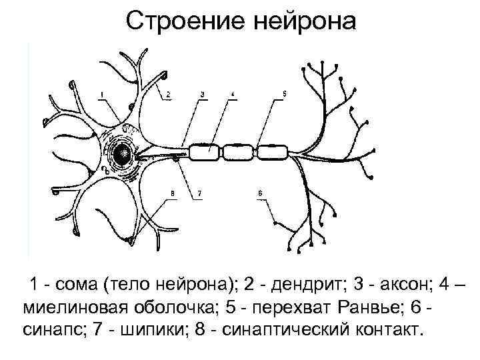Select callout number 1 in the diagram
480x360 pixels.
click(x=101, y=94)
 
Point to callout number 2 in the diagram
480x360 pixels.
click(x=169, y=94)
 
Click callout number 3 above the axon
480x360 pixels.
click(x=202, y=94)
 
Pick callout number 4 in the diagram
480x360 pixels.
click(x=233, y=94)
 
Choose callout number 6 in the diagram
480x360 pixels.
click(x=260, y=193)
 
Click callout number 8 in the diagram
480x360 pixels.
click(x=172, y=193)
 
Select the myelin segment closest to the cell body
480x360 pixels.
click(x=206, y=153)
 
